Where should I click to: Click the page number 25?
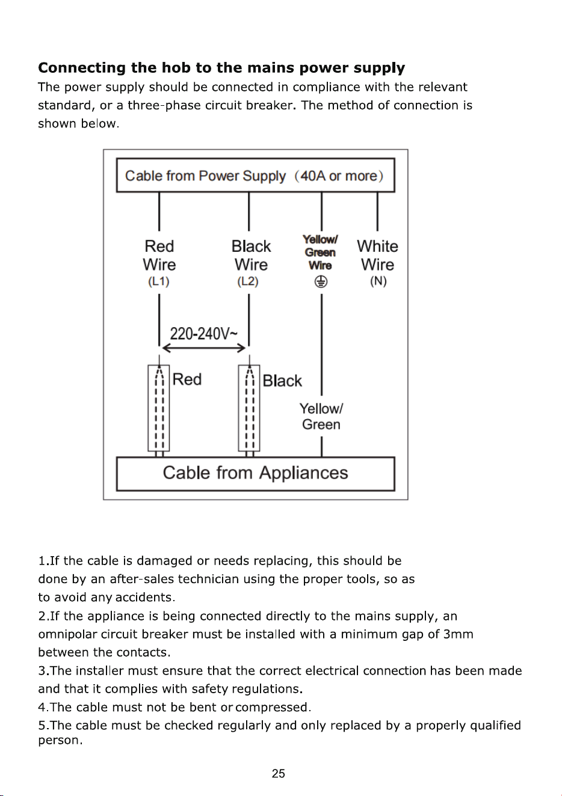(x=278, y=773)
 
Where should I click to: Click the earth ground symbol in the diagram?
(x=321, y=282)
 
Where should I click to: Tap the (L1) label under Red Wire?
(x=159, y=281)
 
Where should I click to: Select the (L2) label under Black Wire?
(x=248, y=281)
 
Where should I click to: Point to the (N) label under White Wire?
(x=378, y=281)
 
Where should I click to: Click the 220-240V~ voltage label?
(x=203, y=334)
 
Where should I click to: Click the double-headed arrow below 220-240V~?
(x=204, y=348)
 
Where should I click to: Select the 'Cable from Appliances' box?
(x=255, y=474)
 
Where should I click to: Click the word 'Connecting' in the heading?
(x=82, y=68)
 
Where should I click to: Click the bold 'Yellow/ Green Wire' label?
(x=320, y=253)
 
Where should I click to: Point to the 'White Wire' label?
(x=377, y=255)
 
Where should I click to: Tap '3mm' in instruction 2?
(x=458, y=634)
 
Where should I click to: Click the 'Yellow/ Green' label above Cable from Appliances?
(x=321, y=417)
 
